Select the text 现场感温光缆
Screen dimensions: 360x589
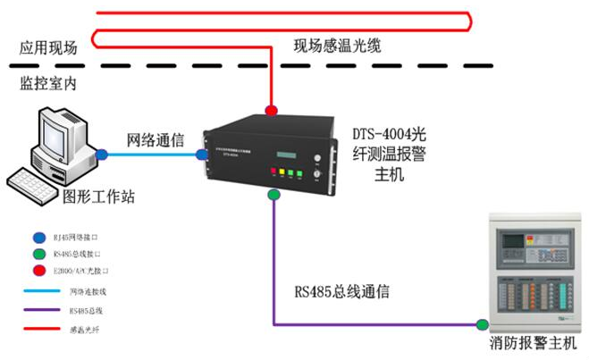pos(337,45)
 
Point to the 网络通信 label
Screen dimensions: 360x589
pos(154,140)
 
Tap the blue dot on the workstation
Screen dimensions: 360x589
pos(103,155)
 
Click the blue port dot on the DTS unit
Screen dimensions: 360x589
pos(203,155)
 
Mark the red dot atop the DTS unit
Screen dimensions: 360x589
pos(270,110)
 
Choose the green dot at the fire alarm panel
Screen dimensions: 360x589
pos(484,323)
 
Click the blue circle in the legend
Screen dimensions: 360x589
pos(37,238)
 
